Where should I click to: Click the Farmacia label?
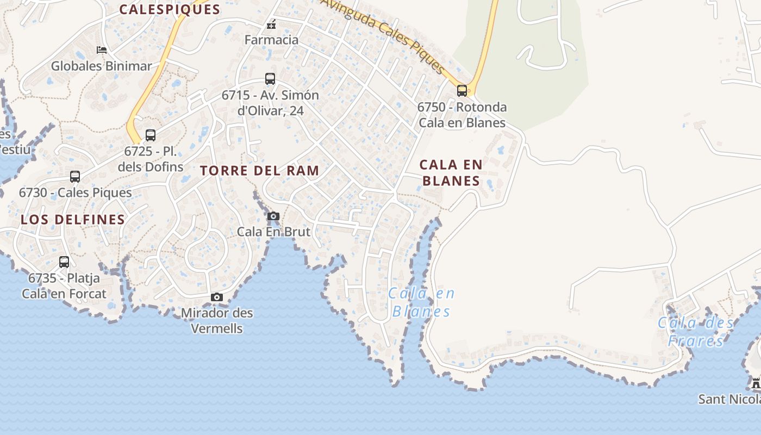click(x=271, y=40)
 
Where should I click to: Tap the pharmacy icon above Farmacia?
click(x=271, y=24)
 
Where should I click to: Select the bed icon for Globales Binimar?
click(x=102, y=50)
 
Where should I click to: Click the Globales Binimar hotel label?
click(x=102, y=66)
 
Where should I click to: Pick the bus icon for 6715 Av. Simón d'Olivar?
click(x=270, y=79)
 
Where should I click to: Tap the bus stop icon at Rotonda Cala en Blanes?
click(x=462, y=91)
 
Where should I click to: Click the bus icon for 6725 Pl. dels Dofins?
click(x=151, y=135)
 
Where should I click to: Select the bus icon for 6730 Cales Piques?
click(x=75, y=177)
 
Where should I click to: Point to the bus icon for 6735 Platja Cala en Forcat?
click(x=64, y=262)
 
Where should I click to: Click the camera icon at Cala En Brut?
click(x=273, y=216)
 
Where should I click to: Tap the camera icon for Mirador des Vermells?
click(x=217, y=297)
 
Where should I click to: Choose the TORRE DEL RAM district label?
click(x=259, y=170)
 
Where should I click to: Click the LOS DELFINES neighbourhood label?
click(x=73, y=220)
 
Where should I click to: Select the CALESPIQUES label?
click(x=170, y=9)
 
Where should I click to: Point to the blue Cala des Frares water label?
click(x=695, y=332)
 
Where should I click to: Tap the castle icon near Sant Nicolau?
click(x=756, y=383)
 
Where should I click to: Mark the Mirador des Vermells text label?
click(x=217, y=321)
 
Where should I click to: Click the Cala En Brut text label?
click(x=273, y=232)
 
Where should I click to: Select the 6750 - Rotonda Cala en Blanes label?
click(x=462, y=115)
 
